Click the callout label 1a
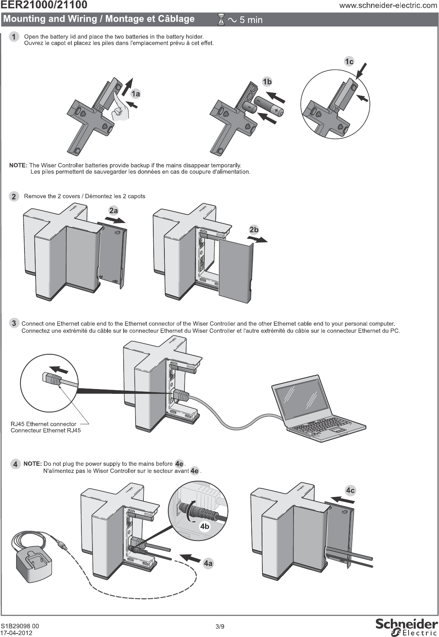[136, 94]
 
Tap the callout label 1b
[267, 82]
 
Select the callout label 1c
[349, 61]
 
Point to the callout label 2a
[113, 211]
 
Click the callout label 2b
[254, 230]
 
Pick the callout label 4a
[208, 563]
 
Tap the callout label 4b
[204, 526]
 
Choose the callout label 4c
[350, 491]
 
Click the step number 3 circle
[14, 323]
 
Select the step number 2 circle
[14, 197]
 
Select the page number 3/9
[220, 626]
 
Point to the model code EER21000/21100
[44, 5]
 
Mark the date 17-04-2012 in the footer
[17, 633]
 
